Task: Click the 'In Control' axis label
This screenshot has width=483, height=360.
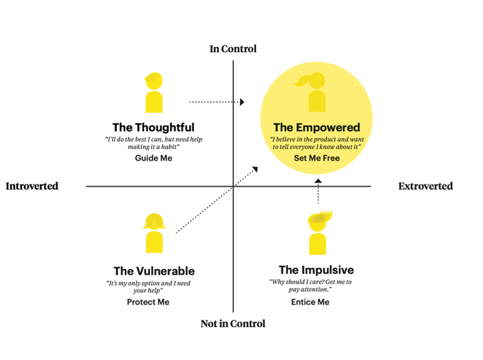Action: tap(233, 49)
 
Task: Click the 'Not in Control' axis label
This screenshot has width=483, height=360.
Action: tap(233, 323)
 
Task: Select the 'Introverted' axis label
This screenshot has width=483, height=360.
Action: tap(32, 186)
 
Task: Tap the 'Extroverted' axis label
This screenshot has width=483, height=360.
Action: tap(425, 186)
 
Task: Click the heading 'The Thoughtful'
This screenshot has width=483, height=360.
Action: tap(153, 127)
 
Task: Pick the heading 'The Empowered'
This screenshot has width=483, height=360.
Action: tap(317, 127)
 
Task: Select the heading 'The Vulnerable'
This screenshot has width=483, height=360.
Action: tap(154, 271)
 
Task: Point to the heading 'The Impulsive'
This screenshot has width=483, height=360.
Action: tap(316, 270)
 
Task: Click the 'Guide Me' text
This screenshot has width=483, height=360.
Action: tap(154, 158)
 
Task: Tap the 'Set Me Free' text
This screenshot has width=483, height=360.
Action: tap(317, 158)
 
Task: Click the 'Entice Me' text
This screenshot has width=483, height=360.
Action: tap(310, 302)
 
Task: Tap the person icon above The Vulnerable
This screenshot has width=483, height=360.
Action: tap(154, 233)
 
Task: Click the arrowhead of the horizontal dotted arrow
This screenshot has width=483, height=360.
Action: tap(242, 102)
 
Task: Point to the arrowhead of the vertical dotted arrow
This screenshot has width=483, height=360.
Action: tap(318, 182)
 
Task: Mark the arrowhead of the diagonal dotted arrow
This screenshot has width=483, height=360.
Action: tap(255, 170)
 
